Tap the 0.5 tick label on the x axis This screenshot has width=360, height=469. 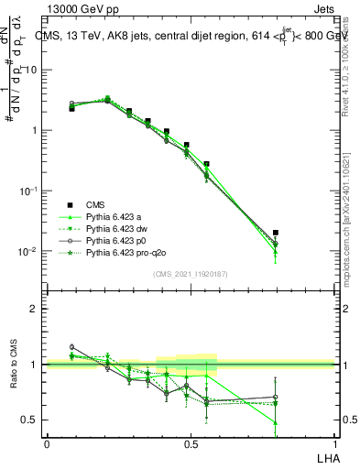tap(190, 443)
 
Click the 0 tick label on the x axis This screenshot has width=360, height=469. tap(47, 443)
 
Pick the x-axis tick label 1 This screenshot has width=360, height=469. tap(333, 443)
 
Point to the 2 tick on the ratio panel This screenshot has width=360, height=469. tap(35, 309)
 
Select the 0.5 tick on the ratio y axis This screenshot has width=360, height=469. tap(30, 420)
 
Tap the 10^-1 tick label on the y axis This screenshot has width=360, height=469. tap(27, 191)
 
